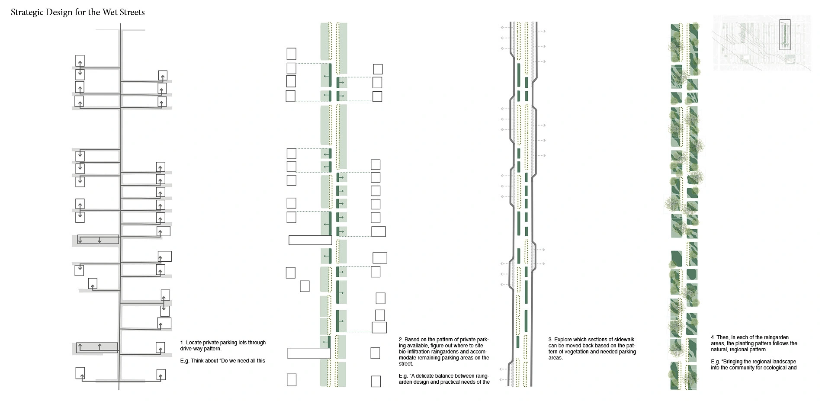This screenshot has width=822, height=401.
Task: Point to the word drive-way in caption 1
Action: click(191, 349)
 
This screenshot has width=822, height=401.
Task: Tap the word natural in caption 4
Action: click(720, 350)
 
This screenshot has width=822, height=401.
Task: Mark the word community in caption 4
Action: click(736, 368)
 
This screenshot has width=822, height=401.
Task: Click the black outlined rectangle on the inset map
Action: click(785, 35)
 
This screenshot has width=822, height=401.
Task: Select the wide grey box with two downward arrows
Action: click(98, 239)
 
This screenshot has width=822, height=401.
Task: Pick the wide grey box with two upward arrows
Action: click(97, 347)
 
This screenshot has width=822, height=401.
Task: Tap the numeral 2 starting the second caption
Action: click(401, 340)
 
